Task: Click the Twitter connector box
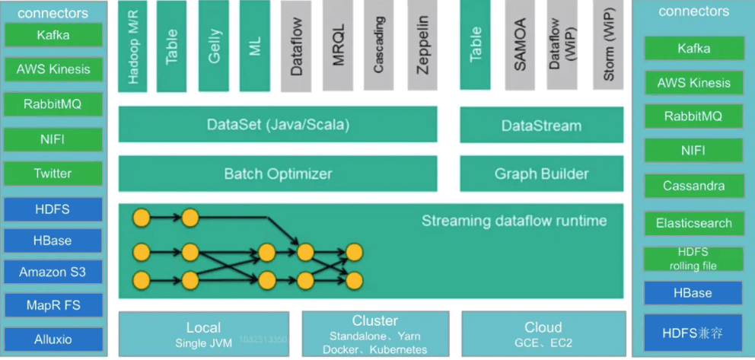(53, 174)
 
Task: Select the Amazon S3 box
(53, 272)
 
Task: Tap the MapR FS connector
(53, 306)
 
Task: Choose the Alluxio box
(53, 339)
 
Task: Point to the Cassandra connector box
(693, 186)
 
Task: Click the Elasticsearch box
(693, 223)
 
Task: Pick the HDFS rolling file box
(693, 259)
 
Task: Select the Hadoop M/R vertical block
(133, 46)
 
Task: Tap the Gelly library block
(214, 46)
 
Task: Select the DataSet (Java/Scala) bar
(278, 124)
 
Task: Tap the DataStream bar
(541, 126)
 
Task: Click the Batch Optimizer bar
(278, 174)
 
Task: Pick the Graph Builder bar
(541, 174)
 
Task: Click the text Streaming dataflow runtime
(514, 221)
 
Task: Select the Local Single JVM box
(203, 334)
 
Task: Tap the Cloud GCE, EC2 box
(543, 334)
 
